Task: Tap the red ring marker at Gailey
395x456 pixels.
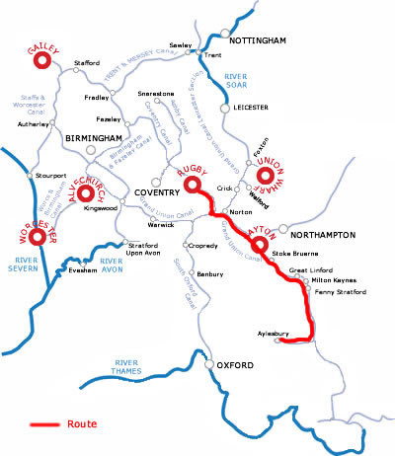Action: click(x=43, y=61)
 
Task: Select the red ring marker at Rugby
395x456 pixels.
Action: click(x=193, y=185)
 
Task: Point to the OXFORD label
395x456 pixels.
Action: click(x=236, y=366)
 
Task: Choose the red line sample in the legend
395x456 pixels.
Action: click(x=44, y=424)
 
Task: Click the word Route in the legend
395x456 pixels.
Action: click(x=83, y=424)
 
